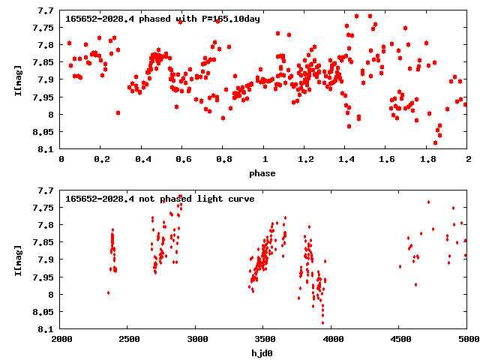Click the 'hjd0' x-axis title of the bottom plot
tap(264, 352)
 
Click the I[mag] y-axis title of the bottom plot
tap(18, 259)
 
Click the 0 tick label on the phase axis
tap(61, 160)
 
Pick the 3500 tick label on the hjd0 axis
tap(264, 339)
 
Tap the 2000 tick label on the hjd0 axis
tap(61, 339)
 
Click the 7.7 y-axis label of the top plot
tap(46, 10)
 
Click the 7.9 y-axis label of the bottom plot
tap(46, 259)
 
